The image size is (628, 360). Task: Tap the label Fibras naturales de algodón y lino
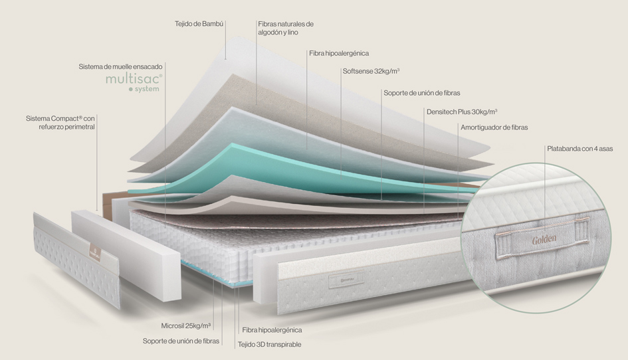285,28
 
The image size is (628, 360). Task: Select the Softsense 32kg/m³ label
371,71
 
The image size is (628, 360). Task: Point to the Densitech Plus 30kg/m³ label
462,112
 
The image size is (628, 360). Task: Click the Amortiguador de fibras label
494,127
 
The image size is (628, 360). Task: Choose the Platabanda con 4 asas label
579,149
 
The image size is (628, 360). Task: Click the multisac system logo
134,82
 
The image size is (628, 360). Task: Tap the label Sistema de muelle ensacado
120,66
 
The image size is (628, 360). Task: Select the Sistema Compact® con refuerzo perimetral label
60,122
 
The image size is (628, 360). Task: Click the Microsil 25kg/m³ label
186,326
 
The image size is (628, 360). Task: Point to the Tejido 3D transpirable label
269,345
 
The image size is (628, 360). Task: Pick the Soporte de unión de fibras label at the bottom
181,341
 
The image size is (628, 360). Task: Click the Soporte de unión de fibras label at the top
421,92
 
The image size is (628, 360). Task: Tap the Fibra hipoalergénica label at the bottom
272,330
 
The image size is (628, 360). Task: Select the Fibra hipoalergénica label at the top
338,53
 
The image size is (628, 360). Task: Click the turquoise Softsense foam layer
279,163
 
